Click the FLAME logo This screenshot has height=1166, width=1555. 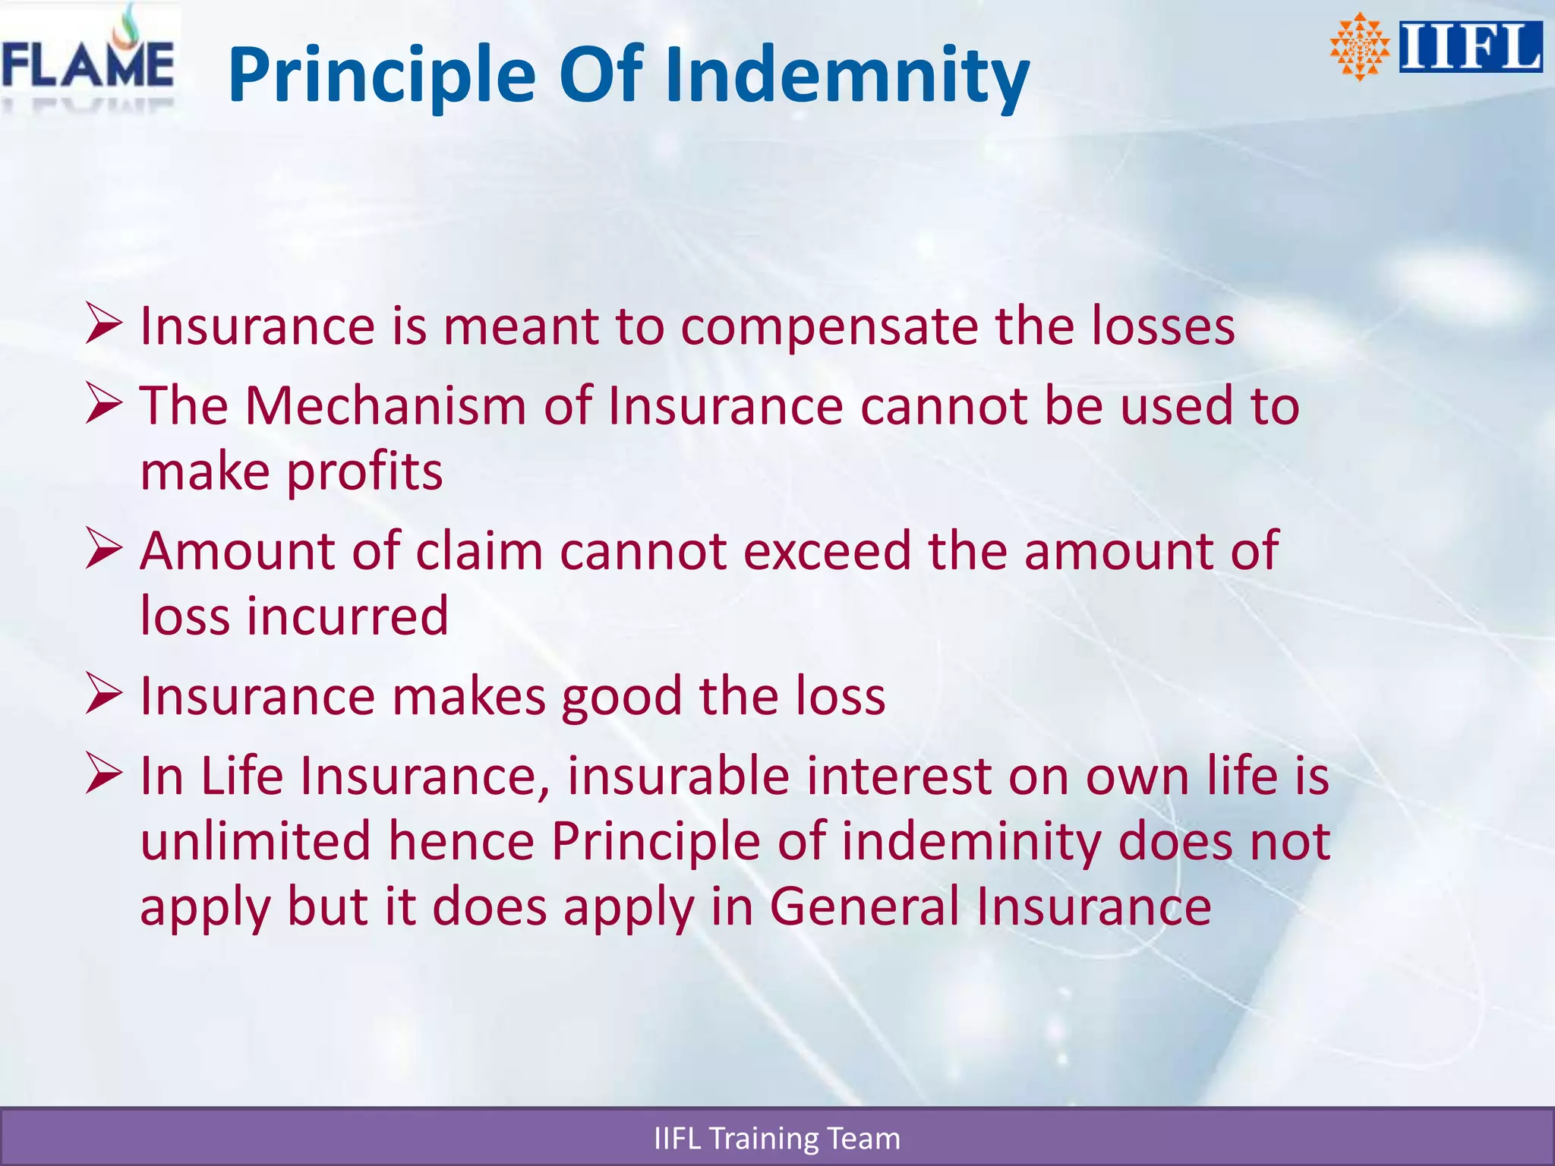88,61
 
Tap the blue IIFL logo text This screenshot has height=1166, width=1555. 1471,47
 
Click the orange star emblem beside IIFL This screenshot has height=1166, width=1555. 1360,47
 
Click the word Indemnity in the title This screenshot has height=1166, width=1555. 847,74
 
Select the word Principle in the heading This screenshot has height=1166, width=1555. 382,74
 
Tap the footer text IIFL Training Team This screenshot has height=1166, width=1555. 777,1139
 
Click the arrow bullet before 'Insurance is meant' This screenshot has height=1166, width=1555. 103,324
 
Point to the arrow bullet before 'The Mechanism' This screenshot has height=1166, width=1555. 103,403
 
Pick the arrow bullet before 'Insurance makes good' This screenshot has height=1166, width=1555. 103,694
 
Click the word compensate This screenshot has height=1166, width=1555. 829,328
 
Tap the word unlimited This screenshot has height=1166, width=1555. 256,841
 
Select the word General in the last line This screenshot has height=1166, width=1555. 865,906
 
